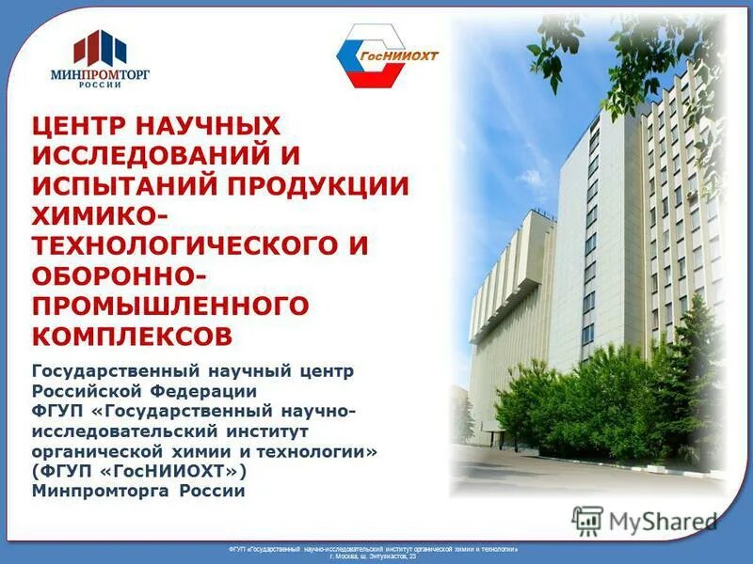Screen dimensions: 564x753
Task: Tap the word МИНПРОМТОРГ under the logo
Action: [x=100, y=72]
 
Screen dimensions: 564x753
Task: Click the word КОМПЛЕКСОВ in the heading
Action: [x=132, y=336]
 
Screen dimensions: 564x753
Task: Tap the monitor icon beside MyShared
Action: [x=587, y=520]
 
